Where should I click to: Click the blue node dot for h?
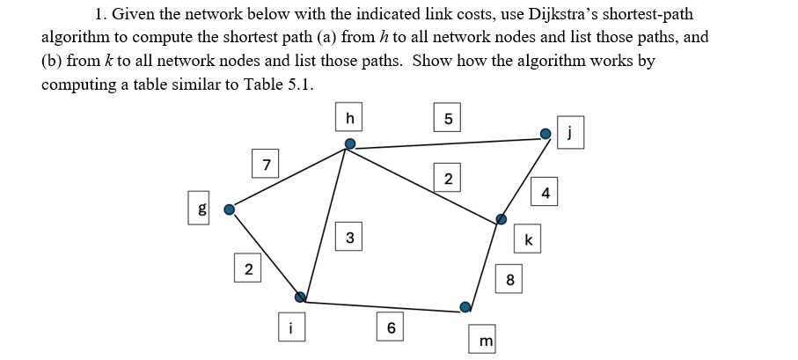pyautogui.click(x=349, y=143)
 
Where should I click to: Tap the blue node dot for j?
pyautogui.click(x=545, y=134)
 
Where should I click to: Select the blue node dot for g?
pyautogui.click(x=230, y=209)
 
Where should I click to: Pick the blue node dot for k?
pyautogui.click(x=501, y=218)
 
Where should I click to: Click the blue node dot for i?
pyautogui.click(x=300, y=297)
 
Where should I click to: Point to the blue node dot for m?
pyautogui.click(x=465, y=306)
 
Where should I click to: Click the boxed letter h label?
pyautogui.click(x=349, y=117)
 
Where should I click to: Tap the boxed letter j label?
pyautogui.click(x=570, y=135)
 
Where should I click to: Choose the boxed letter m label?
pyautogui.click(x=484, y=339)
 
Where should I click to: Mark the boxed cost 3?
pyautogui.click(x=350, y=237)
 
